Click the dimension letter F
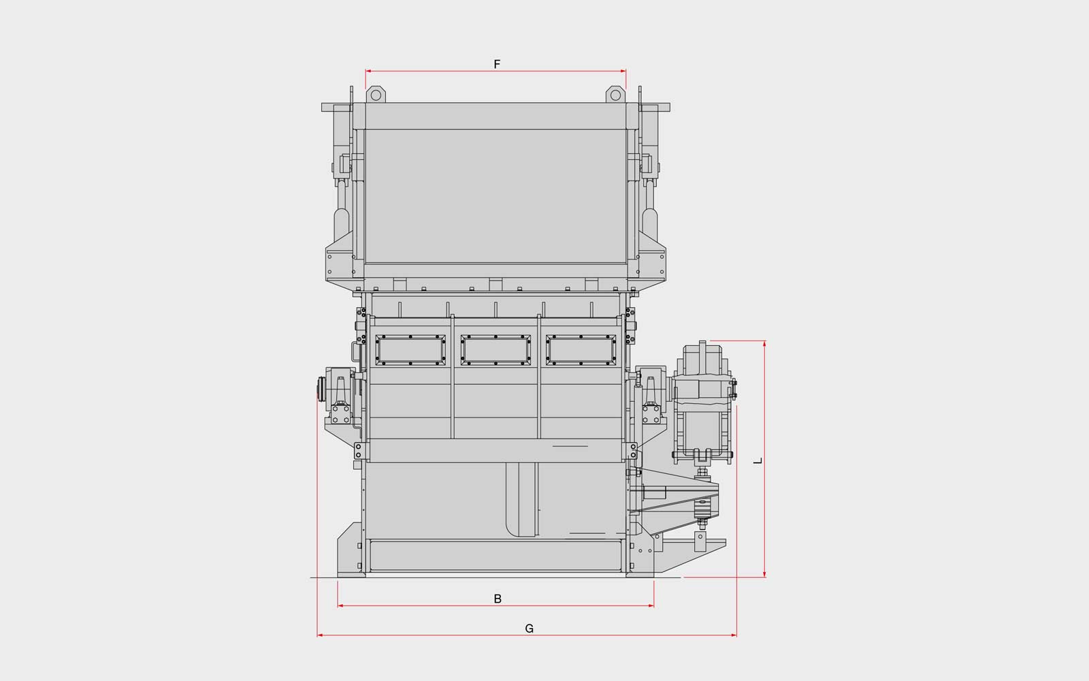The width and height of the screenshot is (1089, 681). [497, 64]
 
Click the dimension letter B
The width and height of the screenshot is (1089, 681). [498, 599]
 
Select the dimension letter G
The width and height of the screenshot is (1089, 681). [530, 629]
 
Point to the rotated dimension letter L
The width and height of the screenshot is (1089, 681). [758, 460]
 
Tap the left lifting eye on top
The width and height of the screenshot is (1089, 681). [376, 95]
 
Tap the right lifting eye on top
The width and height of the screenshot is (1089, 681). [615, 95]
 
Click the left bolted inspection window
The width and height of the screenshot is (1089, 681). [410, 350]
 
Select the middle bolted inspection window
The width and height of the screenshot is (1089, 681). [495, 350]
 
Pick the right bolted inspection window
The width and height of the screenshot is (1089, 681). [581, 350]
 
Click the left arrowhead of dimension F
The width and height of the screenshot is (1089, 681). [368, 71]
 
